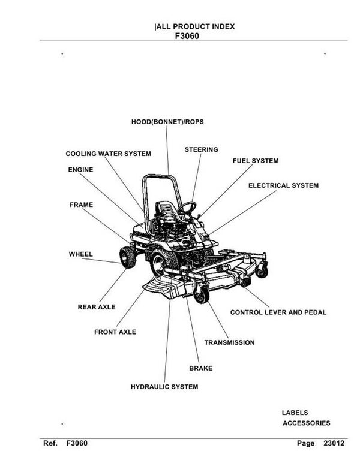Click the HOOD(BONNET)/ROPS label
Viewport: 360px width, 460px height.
[167, 122]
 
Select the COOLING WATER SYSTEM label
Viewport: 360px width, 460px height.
[108, 154]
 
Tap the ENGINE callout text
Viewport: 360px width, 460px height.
[80, 170]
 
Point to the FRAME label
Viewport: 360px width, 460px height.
[81, 205]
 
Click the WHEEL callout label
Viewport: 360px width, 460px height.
[80, 254]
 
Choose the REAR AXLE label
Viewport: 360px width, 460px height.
[97, 307]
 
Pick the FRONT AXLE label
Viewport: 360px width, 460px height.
[115, 332]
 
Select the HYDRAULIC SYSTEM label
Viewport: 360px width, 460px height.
[164, 387]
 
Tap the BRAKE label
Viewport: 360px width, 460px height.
[200, 368]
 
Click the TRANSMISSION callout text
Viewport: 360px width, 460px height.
[229, 342]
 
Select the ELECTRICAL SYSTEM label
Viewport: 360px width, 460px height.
[283, 185]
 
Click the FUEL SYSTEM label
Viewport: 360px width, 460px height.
[256, 161]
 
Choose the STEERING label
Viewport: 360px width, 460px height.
[201, 149]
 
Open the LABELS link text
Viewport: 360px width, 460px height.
[295, 413]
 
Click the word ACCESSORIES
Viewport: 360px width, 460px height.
[306, 423]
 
